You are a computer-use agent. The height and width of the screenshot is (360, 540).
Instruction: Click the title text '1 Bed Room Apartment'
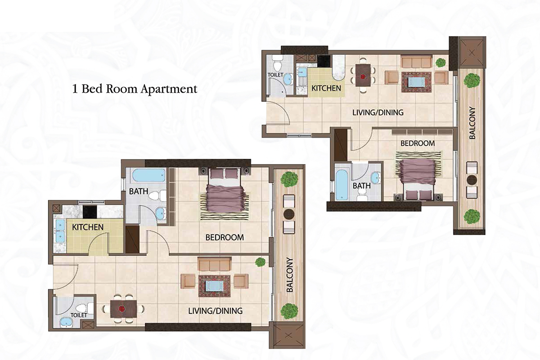pos(135,89)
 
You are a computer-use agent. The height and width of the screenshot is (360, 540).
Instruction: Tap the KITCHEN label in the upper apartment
pos(326,88)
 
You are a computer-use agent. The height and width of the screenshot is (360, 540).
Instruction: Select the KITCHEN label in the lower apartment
pos(88,227)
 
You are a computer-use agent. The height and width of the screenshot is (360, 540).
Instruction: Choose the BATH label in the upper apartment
pos(361,185)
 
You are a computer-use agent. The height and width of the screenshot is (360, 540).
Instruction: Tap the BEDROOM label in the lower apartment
pos(225,237)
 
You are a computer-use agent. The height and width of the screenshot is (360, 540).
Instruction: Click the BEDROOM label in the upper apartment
pos(418,143)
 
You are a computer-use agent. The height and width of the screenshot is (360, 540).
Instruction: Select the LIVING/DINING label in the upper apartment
pos(377,112)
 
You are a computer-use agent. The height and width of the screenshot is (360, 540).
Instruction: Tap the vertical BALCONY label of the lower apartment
pos(290,275)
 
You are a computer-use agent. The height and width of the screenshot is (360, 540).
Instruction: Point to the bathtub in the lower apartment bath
pos(148,175)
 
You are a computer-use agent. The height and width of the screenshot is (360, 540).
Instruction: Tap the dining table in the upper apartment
pos(363,75)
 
